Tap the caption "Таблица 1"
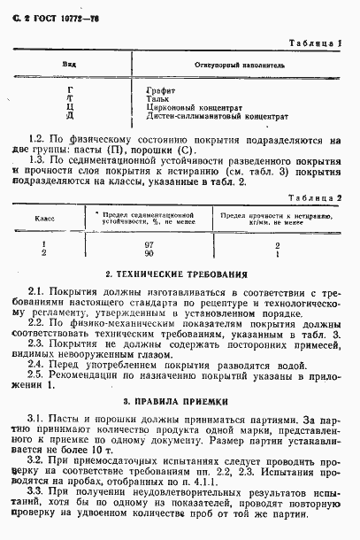click(312, 42)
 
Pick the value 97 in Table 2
click(149, 243)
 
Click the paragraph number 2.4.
click(36, 362)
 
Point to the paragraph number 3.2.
click(36, 461)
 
